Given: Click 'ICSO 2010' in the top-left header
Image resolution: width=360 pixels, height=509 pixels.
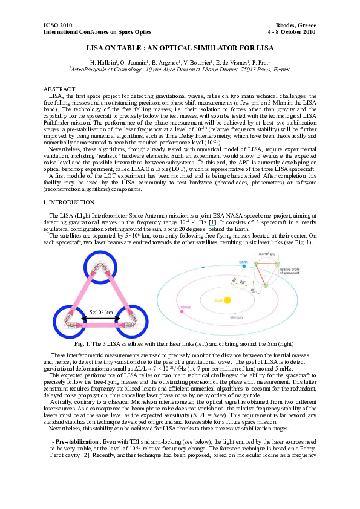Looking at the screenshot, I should pos(57,25).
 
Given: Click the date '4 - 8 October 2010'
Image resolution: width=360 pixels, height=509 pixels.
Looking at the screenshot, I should pos(291,31).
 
